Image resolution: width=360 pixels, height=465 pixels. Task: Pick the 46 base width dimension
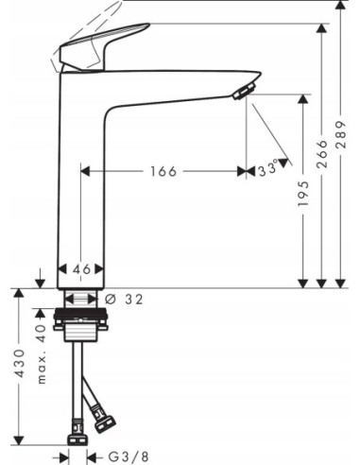click(82, 269)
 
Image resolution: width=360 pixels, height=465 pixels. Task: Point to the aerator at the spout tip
click(243, 91)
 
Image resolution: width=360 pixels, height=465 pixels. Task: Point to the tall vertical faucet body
click(82, 180)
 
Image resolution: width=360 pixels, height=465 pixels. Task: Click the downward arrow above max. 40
click(41, 280)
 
